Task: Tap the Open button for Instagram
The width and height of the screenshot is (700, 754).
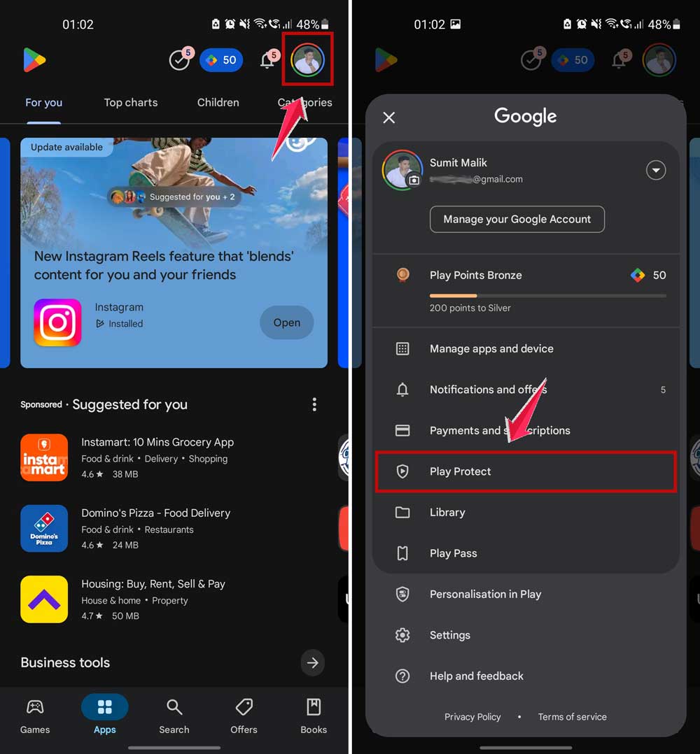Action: point(286,322)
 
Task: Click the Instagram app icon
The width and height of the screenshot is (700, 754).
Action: point(58,322)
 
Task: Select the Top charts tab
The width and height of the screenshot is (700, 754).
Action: point(131,102)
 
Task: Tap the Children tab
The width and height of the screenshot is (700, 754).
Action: point(218,102)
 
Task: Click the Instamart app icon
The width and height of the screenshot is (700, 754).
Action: point(44,457)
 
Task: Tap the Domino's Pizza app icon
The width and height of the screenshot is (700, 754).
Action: point(44,528)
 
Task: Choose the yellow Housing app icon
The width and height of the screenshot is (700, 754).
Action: point(44,599)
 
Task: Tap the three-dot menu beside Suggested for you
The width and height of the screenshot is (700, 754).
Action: point(314,404)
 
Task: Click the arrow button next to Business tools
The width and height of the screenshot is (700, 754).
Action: point(313,662)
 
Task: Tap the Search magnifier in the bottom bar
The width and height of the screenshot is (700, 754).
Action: point(174,708)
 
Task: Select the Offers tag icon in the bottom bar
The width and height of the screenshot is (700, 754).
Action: point(244,708)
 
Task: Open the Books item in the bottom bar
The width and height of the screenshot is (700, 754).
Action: point(314,708)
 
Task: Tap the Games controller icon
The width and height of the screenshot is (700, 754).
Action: point(35,708)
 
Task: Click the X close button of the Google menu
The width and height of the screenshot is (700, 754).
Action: point(389,118)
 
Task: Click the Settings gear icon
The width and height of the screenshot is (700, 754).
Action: point(402,635)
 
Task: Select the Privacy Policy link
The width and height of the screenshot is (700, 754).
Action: point(472,716)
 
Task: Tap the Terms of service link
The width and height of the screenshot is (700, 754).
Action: point(572,716)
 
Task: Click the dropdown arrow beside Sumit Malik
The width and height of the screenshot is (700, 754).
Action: point(656,170)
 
